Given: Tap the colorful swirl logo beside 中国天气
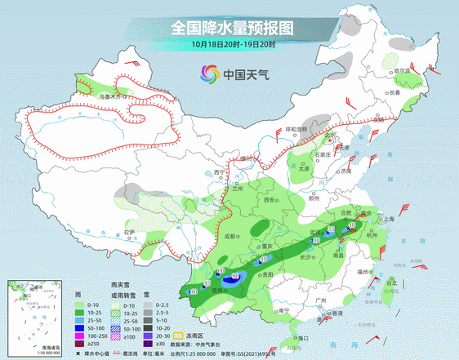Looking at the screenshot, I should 210,75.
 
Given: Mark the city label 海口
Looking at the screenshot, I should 303,337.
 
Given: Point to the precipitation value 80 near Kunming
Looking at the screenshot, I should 236,278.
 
